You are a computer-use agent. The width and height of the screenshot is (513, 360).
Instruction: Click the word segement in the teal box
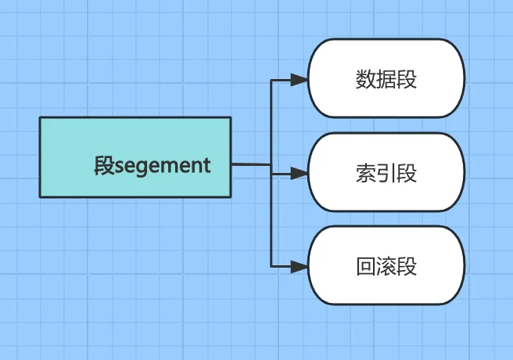(163, 166)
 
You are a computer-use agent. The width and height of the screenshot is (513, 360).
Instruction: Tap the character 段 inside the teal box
(104, 166)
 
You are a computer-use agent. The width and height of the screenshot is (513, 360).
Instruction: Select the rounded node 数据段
(386, 78)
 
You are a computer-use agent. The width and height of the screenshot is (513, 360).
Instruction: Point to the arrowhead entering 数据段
(299, 79)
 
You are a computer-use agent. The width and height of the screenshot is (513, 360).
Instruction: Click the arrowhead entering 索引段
(299, 172)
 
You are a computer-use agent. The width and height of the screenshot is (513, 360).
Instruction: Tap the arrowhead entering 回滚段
(299, 266)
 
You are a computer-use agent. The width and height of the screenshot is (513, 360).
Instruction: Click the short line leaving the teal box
(250, 164)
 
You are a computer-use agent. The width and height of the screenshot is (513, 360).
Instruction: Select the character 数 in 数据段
(365, 79)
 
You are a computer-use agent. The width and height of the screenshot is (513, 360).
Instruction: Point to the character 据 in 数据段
(386, 79)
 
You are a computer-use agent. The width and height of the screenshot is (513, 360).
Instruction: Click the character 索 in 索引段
(365, 173)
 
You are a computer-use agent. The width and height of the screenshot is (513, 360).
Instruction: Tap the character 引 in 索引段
(386, 173)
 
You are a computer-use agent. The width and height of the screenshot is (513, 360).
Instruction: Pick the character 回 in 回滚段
(365, 266)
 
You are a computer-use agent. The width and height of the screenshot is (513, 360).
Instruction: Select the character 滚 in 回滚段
(386, 266)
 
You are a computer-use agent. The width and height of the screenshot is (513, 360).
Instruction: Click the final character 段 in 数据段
(407, 79)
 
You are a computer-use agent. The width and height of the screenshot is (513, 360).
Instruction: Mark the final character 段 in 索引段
(407, 173)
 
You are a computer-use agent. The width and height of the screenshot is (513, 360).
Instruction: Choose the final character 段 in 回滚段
(407, 266)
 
